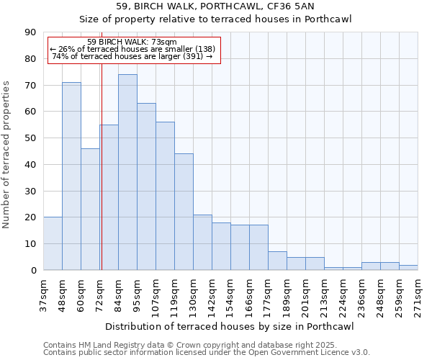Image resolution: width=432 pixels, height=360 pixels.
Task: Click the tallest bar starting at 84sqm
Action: (x=127, y=172)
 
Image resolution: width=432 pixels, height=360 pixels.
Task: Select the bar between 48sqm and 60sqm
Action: (x=71, y=176)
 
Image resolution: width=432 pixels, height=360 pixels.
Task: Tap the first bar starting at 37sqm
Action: (x=53, y=243)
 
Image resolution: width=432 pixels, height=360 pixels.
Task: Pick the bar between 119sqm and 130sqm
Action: (x=184, y=212)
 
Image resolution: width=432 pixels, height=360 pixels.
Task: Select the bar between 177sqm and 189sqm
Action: (x=277, y=261)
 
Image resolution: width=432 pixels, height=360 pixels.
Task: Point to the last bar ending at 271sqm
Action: (x=408, y=267)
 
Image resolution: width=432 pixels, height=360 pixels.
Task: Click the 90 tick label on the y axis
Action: (x=30, y=32)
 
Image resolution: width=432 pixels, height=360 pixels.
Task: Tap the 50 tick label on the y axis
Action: (x=30, y=138)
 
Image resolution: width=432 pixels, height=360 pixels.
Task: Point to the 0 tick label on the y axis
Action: (x=33, y=270)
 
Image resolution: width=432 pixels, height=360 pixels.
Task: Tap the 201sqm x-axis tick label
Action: (x=305, y=294)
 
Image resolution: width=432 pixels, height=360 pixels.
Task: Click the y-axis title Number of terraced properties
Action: (x=7, y=154)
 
